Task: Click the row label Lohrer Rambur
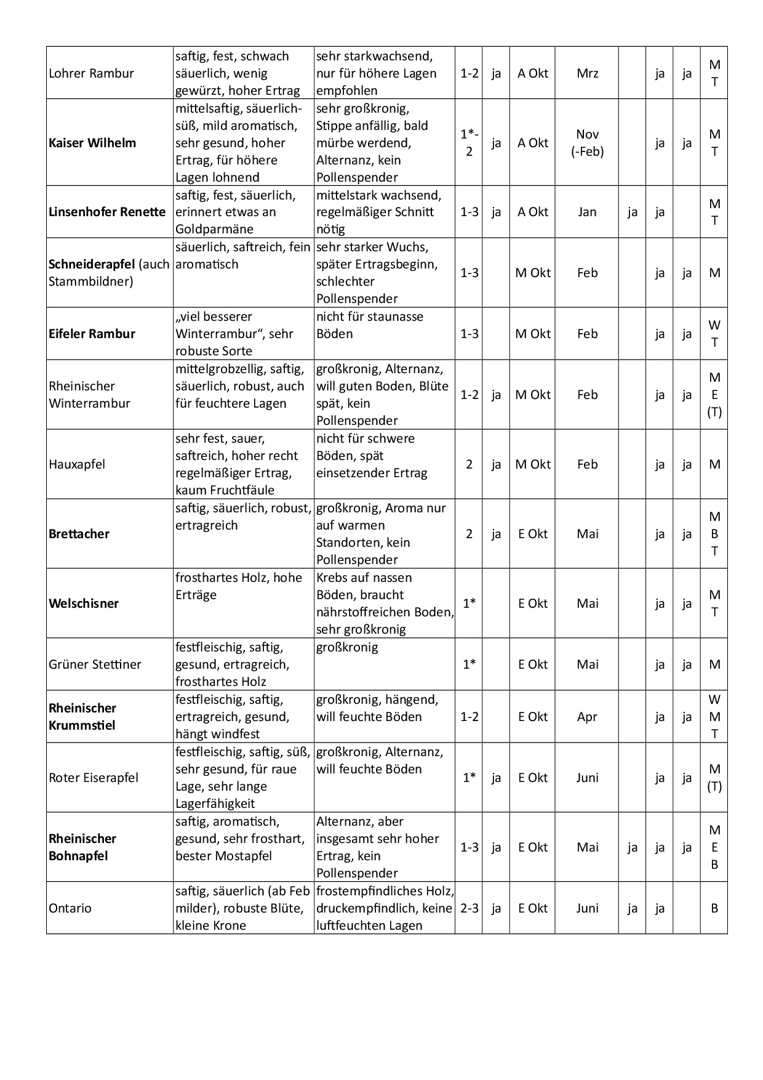pyautogui.click(x=91, y=73)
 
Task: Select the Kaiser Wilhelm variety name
pyautogui.click(x=92, y=143)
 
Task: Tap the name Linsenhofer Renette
pyautogui.click(x=107, y=212)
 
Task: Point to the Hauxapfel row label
pyautogui.click(x=77, y=464)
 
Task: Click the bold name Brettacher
pyautogui.click(x=79, y=534)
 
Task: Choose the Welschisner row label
pyautogui.click(x=84, y=603)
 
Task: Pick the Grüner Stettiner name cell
pyautogui.click(x=95, y=664)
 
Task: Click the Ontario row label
pyautogui.click(x=70, y=908)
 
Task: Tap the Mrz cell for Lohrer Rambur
pyautogui.click(x=588, y=73)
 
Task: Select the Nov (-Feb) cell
pyautogui.click(x=588, y=143)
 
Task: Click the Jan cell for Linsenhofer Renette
pyautogui.click(x=587, y=212)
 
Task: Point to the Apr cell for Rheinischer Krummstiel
pyautogui.click(x=587, y=717)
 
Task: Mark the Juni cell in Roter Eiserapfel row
pyautogui.click(x=587, y=778)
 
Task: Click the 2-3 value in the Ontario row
pyautogui.click(x=469, y=908)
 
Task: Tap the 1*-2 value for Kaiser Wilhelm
pyautogui.click(x=469, y=143)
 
